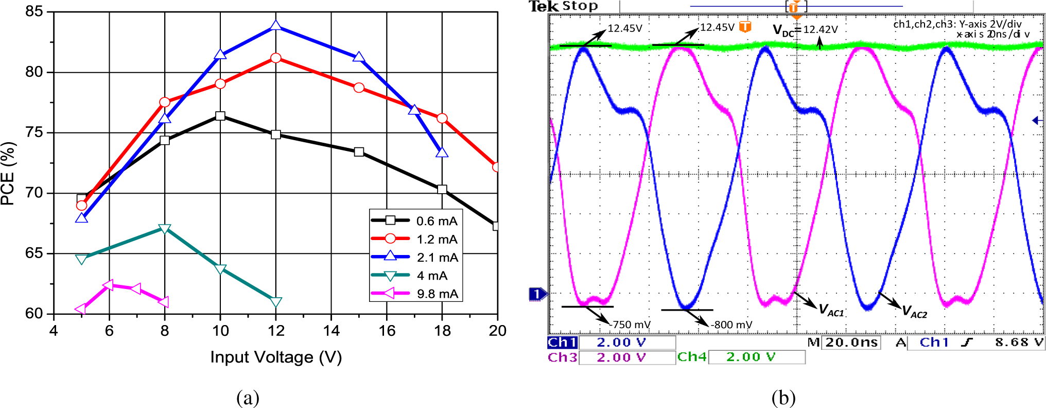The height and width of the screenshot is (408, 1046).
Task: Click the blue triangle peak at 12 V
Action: (276, 26)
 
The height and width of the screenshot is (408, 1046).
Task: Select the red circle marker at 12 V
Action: (276, 58)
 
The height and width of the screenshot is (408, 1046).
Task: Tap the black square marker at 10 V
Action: (220, 116)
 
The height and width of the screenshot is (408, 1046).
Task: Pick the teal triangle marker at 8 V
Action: (165, 229)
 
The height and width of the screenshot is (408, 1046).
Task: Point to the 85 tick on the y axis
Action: (34, 11)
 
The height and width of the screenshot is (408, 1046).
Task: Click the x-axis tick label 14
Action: (331, 331)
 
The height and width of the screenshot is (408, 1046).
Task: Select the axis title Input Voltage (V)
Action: (276, 357)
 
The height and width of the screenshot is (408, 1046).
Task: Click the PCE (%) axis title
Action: (8, 174)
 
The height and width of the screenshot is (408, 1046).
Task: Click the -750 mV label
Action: (631, 325)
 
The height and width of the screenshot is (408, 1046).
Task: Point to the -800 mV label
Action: (731, 325)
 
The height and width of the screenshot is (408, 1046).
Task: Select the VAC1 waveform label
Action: (831, 311)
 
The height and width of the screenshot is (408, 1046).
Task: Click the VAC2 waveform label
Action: (915, 312)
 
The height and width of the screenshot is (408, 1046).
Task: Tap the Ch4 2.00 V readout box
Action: (741, 357)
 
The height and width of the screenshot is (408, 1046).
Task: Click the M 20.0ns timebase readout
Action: (844, 343)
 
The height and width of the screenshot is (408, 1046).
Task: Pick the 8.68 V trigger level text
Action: (1019, 343)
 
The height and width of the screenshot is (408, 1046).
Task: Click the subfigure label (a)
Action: (248, 398)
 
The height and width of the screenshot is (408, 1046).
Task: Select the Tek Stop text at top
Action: (564, 6)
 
